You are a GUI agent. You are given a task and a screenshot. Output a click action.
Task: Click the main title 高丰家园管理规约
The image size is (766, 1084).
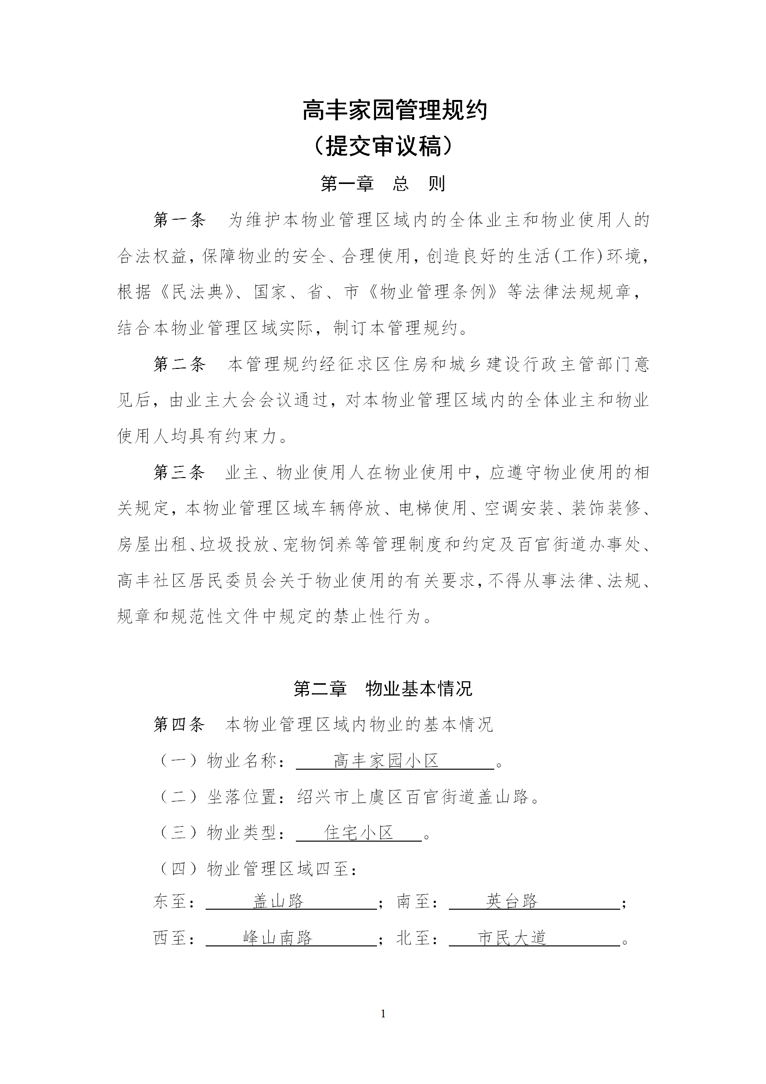tap(394, 111)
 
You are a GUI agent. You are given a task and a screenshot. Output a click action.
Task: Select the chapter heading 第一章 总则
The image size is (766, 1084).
tap(383, 184)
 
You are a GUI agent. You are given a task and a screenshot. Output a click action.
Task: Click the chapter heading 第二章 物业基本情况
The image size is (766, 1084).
tap(383, 689)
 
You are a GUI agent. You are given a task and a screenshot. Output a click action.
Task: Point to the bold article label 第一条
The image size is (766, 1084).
tap(179, 220)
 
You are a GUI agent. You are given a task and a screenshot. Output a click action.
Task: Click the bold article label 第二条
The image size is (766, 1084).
tap(179, 365)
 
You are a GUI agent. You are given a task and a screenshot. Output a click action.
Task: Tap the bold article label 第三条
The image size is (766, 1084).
tap(179, 473)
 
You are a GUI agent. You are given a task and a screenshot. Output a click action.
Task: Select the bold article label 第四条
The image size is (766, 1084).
tap(179, 725)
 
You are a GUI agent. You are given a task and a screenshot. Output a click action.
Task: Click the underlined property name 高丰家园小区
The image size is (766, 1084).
tap(386, 761)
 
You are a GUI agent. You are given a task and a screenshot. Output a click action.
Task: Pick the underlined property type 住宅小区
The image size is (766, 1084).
tap(359, 833)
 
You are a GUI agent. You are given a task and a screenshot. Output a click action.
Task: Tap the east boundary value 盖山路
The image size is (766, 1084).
tap(279, 901)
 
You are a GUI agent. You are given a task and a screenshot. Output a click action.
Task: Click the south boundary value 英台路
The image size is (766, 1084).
tap(512, 901)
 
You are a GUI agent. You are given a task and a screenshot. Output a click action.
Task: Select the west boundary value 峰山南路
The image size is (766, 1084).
tap(278, 938)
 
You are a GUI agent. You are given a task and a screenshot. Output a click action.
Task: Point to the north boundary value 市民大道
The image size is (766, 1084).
tap(512, 938)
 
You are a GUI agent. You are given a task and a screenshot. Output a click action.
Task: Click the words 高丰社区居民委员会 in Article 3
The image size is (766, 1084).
tap(197, 581)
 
